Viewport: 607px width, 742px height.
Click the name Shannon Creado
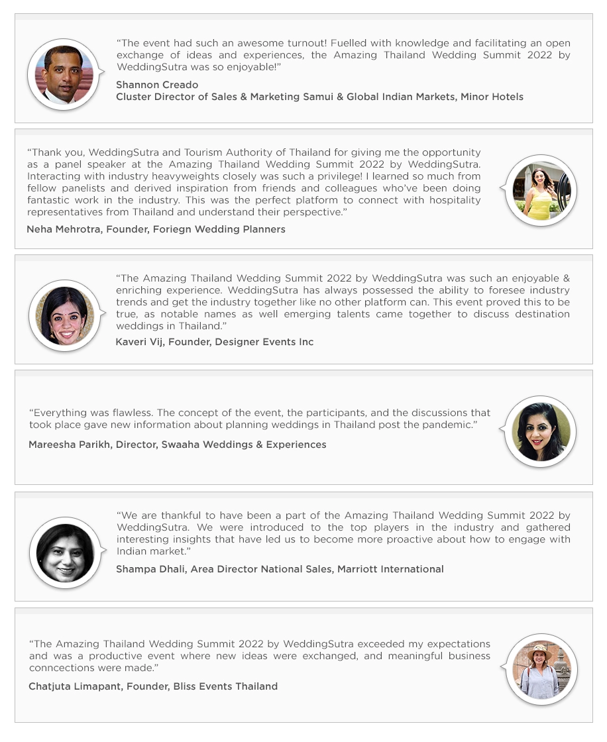pos(157,85)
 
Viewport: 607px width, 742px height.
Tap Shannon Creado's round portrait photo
pos(64,74)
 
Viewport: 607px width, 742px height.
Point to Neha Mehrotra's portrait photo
pos(541,191)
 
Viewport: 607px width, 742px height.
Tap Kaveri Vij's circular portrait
pos(64,315)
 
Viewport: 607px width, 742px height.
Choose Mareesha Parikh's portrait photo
pos(541,432)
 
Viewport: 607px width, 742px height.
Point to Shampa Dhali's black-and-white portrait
pos(64,553)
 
